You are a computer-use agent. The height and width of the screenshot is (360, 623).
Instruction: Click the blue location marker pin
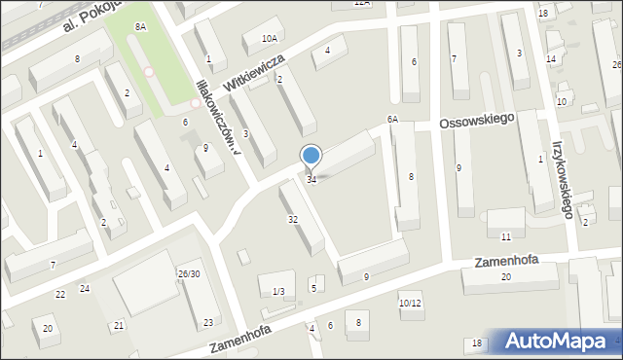coord(311,156)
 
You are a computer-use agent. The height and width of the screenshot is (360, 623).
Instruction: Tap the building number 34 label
coord(311,179)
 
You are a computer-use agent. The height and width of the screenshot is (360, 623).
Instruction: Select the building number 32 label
coord(292,220)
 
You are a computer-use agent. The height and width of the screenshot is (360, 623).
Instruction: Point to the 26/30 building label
coord(189,273)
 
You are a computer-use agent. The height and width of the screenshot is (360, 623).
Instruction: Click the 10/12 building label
coord(410,303)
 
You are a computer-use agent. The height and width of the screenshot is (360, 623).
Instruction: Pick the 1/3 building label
coord(278,292)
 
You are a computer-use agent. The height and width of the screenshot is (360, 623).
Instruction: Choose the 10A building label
coord(270,38)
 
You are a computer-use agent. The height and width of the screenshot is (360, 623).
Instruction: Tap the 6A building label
coord(392,119)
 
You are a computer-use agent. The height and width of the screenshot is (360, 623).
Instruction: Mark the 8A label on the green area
coord(141,26)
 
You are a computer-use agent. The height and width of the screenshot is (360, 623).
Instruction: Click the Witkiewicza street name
coord(252,73)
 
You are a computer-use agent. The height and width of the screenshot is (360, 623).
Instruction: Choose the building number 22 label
coord(60,294)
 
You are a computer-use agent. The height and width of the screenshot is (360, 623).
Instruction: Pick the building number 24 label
coord(85,288)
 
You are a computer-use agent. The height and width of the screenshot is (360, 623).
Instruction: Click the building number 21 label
coord(119,325)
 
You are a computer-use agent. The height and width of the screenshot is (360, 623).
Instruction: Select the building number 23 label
coord(207,322)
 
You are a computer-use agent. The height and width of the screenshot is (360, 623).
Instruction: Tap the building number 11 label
coord(505,237)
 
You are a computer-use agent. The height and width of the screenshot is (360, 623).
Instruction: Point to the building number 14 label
coord(551,59)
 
